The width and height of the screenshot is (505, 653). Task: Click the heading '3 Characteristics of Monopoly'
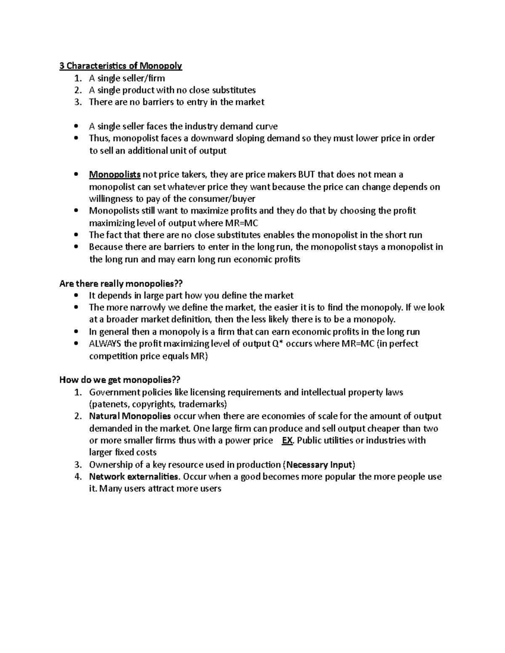click(120, 66)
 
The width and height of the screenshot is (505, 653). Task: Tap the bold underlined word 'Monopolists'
click(115, 174)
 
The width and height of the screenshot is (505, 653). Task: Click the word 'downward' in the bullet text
click(208, 138)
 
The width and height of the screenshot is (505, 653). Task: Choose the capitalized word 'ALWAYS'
click(105, 344)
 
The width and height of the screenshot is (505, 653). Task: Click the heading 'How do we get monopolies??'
click(120, 380)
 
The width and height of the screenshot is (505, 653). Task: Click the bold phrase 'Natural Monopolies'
click(130, 416)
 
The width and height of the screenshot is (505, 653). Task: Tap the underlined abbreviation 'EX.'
click(287, 440)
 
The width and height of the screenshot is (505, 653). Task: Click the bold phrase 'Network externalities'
click(133, 477)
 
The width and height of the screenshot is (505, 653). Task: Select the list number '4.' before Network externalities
click(77, 477)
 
